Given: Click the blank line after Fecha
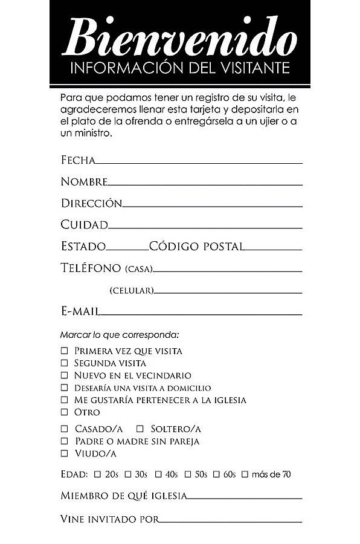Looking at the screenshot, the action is (x=199, y=162).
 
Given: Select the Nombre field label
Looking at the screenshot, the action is (x=84, y=181).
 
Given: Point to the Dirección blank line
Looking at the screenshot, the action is (x=212, y=206).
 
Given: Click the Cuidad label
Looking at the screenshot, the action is (x=84, y=225).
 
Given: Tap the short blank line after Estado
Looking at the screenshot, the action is (x=127, y=248).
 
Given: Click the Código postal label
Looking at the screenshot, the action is (x=196, y=247).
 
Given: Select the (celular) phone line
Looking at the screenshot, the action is (x=228, y=293).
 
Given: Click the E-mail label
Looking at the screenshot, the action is (x=80, y=311).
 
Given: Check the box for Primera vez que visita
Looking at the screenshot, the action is (x=64, y=351).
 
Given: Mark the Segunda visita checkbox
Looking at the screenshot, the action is (x=64, y=363).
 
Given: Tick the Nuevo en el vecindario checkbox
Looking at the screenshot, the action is (x=64, y=375).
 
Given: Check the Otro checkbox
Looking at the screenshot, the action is (x=64, y=412).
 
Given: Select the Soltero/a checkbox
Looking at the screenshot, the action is (x=140, y=429).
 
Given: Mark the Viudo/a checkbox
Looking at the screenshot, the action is (x=64, y=453).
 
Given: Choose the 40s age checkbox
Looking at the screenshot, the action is (x=158, y=474).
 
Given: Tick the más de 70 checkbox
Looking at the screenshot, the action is (x=245, y=474).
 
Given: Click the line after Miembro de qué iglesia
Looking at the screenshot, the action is (x=244, y=497).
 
